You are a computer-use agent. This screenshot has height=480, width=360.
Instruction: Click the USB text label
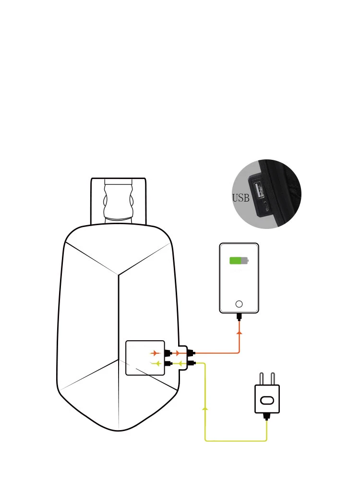coord(240,198)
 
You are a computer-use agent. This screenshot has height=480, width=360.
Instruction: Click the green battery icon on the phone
coord(239,261)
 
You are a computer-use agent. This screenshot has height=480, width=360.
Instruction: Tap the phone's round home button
coord(239,304)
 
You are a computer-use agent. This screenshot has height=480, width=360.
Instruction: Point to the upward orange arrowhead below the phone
coord(239,332)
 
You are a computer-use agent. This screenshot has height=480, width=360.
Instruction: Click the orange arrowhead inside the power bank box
coord(155,353)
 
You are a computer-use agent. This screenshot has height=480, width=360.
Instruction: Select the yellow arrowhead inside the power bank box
coord(156,364)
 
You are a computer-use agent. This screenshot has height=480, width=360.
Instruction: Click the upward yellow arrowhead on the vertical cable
coord(205,408)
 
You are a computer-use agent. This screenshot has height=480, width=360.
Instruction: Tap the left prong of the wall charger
coord(262,378)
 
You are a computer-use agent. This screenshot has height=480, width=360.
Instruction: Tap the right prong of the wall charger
coord(273,378)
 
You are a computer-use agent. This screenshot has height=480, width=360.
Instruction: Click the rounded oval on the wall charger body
coord(267,400)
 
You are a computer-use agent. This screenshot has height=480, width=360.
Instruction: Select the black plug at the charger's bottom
coord(266,416)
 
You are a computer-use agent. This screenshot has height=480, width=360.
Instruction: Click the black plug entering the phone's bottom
coord(239,316)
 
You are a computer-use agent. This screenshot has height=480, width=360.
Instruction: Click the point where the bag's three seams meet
coord(119,275)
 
